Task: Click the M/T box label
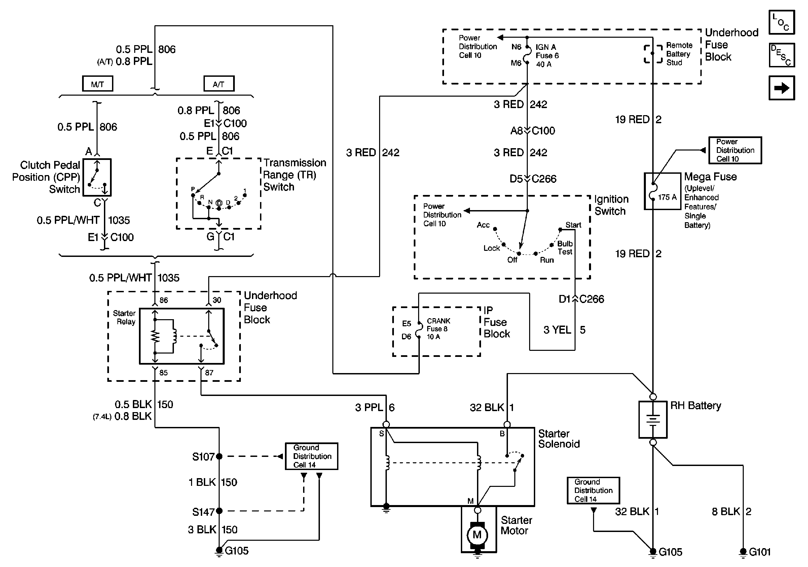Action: point(98,84)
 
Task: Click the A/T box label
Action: point(219,84)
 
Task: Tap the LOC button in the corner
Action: point(781,22)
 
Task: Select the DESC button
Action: point(781,55)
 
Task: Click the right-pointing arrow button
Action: point(781,88)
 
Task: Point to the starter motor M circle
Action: point(477,535)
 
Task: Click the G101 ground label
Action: point(760,552)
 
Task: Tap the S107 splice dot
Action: point(219,457)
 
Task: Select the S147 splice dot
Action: point(219,511)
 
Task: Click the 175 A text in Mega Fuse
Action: point(667,197)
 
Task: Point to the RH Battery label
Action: point(695,406)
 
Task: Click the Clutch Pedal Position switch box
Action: point(97,177)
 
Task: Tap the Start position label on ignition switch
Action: point(573,225)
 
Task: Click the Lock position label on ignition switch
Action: point(491,248)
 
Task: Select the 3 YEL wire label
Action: point(557,330)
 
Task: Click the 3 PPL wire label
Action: point(369,407)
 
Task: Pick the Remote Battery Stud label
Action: point(679,54)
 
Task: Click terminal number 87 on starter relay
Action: point(209,373)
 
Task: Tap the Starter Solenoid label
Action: point(559,439)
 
